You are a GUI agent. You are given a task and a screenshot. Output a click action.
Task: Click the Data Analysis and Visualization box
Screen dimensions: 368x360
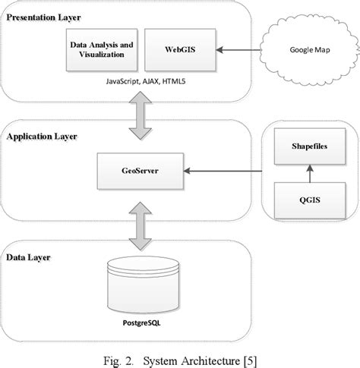click(x=102, y=50)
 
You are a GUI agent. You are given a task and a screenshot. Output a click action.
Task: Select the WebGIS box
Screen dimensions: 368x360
click(x=175, y=50)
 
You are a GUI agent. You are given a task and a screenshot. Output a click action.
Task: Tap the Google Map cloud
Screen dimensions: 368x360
click(x=308, y=51)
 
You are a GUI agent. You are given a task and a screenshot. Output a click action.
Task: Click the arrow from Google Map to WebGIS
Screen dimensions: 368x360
click(x=240, y=51)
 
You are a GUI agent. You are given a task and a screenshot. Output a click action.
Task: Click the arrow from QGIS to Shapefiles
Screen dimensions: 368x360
click(x=308, y=175)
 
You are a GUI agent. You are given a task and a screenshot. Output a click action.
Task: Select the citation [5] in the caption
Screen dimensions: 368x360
click(x=252, y=357)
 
